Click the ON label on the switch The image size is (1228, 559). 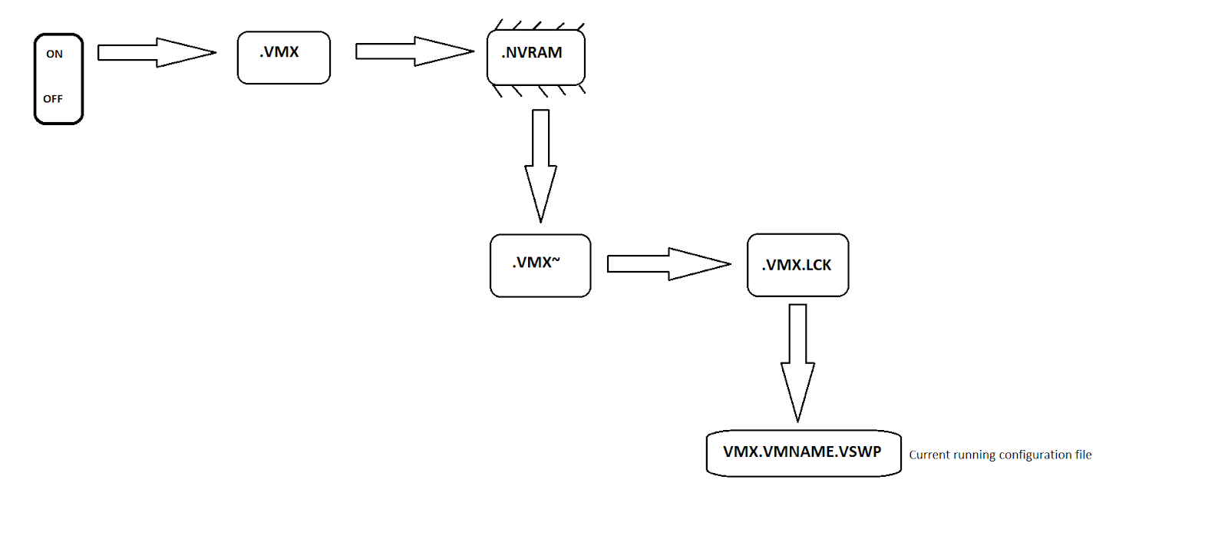click(54, 55)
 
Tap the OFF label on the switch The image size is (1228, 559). click(53, 99)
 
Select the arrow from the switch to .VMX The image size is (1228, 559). click(156, 52)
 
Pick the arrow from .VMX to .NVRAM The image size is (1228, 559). click(414, 51)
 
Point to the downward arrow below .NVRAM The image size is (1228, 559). click(540, 165)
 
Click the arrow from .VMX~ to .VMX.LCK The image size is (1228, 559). click(668, 264)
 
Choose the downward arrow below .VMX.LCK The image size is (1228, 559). click(797, 362)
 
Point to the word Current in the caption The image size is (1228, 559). click(929, 455)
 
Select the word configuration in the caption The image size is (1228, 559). click(1035, 455)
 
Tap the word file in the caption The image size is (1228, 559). click(1083, 455)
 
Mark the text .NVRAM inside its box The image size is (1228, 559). click(532, 53)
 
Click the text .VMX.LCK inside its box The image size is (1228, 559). click(797, 265)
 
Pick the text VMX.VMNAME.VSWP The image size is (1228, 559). click(802, 451)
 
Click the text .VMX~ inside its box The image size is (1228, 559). click(536, 263)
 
